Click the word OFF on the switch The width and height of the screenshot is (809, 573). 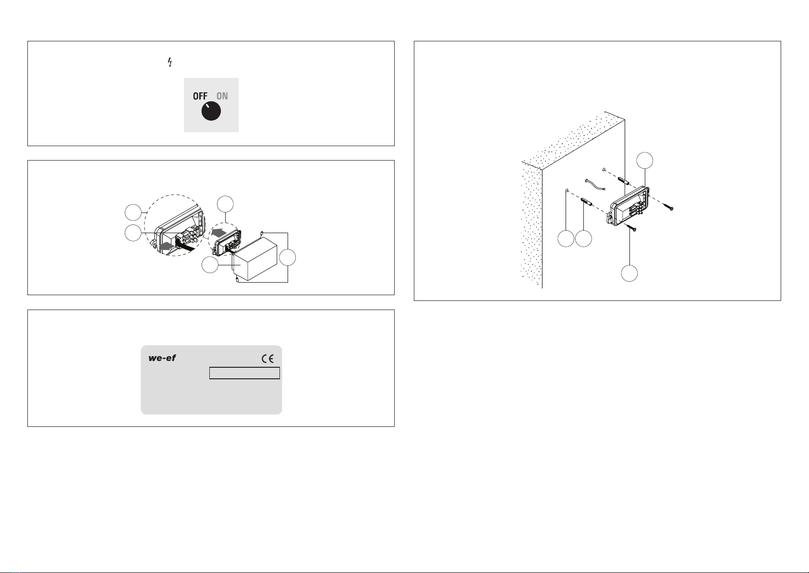tap(200, 96)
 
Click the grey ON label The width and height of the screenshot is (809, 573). tap(222, 96)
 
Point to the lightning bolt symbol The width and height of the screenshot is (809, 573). tap(169, 62)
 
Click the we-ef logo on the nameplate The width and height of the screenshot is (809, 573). tap(162, 359)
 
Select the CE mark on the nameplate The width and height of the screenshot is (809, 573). tap(268, 359)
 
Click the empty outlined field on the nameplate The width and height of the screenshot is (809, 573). tap(244, 374)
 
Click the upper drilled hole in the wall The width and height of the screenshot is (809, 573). tap(604, 170)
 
